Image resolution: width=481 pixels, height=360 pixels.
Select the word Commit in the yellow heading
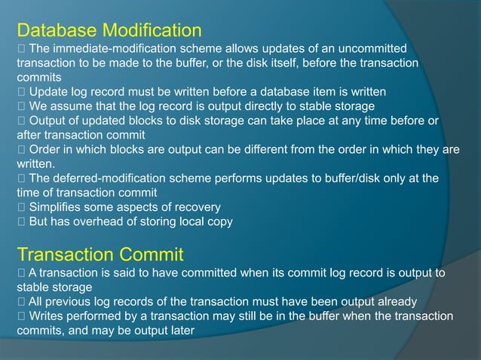(x=150, y=254)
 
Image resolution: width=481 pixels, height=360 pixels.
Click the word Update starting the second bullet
(x=48, y=91)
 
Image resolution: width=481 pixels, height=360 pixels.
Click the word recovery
(x=194, y=207)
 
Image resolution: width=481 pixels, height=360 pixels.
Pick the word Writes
(x=45, y=316)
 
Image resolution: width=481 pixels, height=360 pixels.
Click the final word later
(x=181, y=331)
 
